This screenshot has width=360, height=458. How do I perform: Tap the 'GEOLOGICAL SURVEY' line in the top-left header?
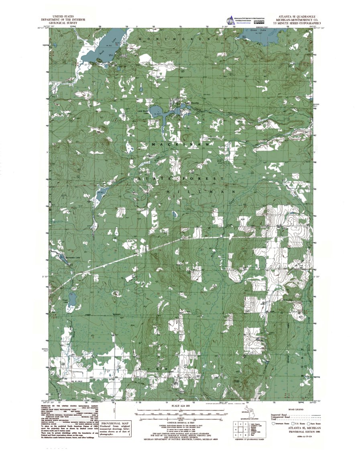pos(61,24)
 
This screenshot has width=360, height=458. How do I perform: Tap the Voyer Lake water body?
pos(72,299)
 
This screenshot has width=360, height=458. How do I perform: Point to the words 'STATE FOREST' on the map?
pos(181,178)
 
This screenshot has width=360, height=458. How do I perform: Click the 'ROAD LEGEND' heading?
pos(297,409)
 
